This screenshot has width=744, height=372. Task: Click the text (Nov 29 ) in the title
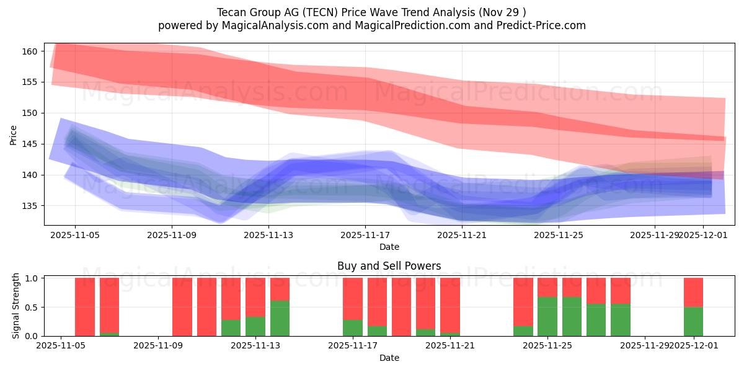503,12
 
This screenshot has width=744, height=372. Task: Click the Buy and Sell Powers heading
389,266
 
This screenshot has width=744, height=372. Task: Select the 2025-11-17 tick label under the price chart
365,235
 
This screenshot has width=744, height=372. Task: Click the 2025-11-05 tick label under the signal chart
61,345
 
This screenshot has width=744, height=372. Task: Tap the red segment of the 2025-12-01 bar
693,292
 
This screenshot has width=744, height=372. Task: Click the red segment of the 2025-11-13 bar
280,289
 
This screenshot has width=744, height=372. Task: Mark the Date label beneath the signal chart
389,358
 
